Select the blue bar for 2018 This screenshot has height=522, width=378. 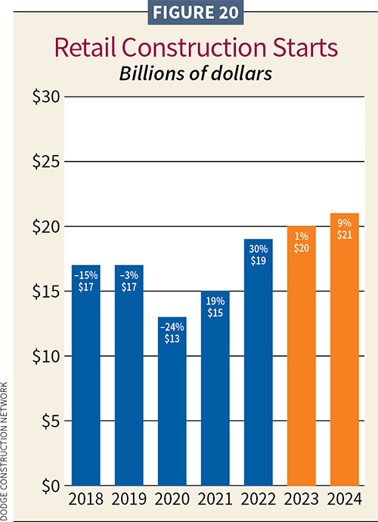(85, 378)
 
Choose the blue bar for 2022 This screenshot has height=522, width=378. (258, 363)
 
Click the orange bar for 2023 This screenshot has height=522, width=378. (301, 355)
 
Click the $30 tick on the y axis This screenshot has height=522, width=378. (43, 97)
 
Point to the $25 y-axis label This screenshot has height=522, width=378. (43, 162)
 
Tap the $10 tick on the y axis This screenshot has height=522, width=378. (43, 356)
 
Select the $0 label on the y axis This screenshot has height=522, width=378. (47, 486)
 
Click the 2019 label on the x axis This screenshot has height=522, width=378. (129, 499)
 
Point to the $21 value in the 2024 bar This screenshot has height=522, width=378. (344, 234)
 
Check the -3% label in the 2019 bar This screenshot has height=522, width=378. (129, 274)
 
